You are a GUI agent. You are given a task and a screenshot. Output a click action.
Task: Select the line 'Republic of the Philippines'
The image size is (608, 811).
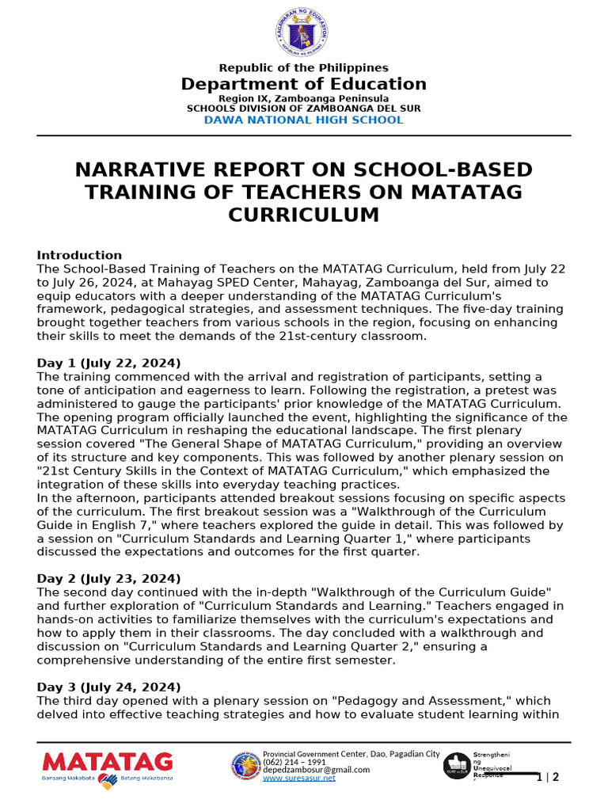pos(303,68)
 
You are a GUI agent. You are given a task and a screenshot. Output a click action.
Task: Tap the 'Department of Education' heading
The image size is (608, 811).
pos(303,84)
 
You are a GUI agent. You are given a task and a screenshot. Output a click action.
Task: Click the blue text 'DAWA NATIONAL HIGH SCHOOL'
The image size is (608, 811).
pos(303,120)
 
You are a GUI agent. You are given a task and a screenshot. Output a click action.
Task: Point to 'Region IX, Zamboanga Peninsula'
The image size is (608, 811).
pos(303,98)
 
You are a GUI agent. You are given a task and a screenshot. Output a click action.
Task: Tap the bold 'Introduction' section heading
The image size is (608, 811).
pos(79,256)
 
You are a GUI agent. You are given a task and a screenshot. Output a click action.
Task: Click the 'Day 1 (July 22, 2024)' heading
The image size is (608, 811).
pos(108,364)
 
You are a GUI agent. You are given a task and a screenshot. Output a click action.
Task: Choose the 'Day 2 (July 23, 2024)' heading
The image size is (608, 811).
pos(108,579)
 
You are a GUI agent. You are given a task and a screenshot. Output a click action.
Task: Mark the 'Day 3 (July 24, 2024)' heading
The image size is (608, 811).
pos(108,687)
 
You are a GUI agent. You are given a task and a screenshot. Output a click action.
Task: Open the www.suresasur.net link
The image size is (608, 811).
pos(298,779)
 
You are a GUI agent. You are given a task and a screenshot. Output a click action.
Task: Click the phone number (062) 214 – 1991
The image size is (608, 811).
pos(294,762)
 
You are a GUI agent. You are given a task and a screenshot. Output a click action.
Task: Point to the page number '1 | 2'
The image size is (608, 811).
pos(547,777)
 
